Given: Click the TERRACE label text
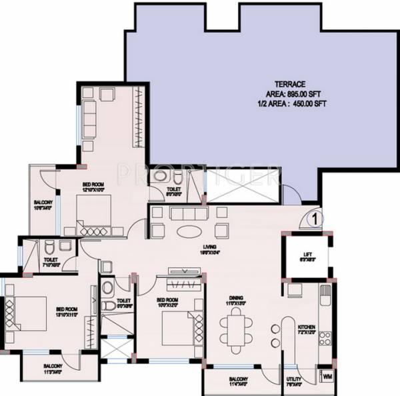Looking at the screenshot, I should [x=290, y=84].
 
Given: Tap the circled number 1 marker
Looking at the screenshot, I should [x=317, y=217].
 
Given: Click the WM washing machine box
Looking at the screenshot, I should [x=327, y=377].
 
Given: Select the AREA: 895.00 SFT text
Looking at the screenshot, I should [x=291, y=94].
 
